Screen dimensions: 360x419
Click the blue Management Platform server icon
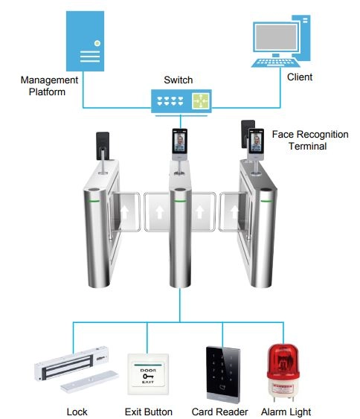[85, 41]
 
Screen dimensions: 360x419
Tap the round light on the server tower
[97, 43]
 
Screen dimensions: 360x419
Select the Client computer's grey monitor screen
[276, 37]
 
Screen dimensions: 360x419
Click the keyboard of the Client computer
[275, 63]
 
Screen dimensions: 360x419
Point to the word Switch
[178, 80]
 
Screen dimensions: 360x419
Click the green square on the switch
[201, 100]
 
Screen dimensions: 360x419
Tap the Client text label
[300, 77]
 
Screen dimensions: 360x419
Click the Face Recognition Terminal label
[310, 140]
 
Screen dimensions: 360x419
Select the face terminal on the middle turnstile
[179, 144]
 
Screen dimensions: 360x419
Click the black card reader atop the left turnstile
[103, 146]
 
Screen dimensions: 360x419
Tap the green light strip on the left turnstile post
[94, 201]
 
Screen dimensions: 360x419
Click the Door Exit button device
[148, 374]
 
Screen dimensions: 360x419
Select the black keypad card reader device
[223, 374]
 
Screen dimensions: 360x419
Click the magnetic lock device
[77, 369]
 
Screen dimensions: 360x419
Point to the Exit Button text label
[149, 412]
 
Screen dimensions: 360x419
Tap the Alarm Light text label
[286, 412]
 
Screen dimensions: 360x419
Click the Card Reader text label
[219, 412]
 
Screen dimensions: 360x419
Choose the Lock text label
[77, 412]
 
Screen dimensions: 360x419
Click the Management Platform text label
[49, 86]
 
